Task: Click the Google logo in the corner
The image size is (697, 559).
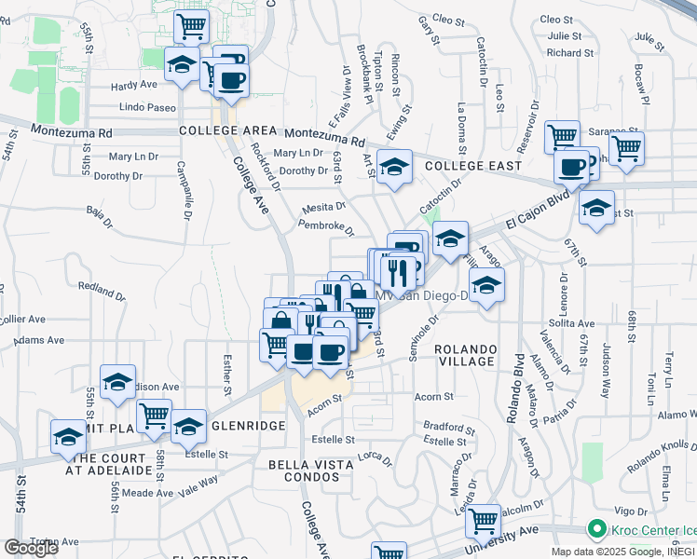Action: pos(31,547)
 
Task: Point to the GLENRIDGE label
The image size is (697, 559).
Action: pos(249,425)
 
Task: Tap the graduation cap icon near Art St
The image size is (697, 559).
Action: pos(395,167)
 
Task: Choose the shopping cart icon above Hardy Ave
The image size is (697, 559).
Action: pos(191,25)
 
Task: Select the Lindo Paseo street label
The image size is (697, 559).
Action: pos(147,108)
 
